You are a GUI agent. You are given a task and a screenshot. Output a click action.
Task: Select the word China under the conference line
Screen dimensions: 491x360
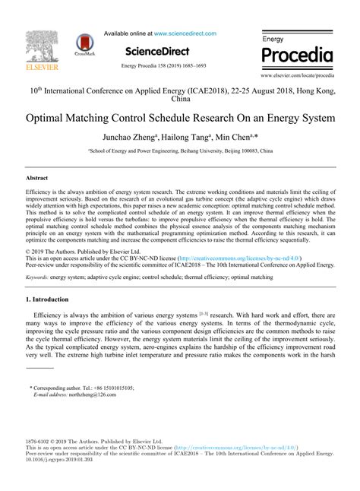pos(181,99)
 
